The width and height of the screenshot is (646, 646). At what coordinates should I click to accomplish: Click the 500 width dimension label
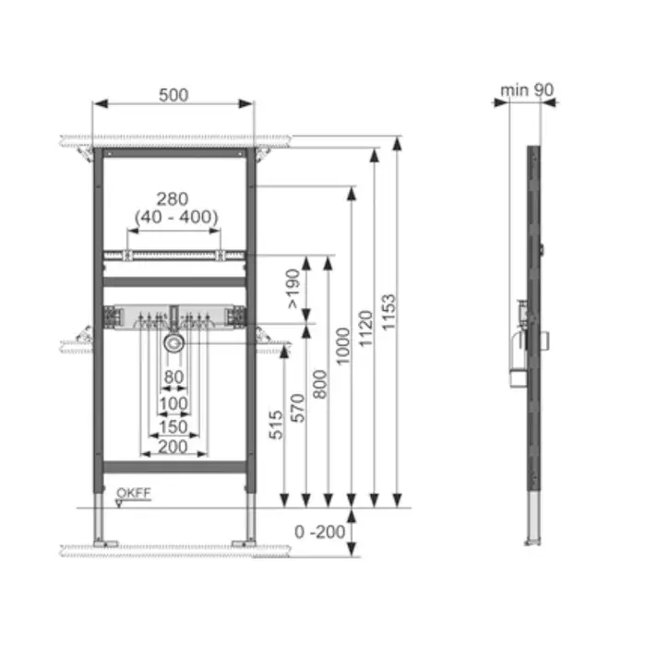click(x=173, y=95)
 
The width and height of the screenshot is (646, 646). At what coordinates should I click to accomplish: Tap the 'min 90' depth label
click(x=527, y=90)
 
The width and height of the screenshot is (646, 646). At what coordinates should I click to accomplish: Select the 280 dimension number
click(x=173, y=199)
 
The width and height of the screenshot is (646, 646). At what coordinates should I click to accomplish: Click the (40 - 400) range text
click(x=176, y=217)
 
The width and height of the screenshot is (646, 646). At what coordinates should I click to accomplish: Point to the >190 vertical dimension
click(x=293, y=288)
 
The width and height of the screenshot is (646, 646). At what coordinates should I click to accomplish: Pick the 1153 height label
click(x=389, y=312)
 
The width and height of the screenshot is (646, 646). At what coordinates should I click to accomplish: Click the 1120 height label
click(x=365, y=329)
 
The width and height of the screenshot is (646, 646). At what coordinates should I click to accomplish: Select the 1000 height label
click(x=342, y=346)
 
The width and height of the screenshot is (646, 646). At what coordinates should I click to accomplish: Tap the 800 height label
click(x=320, y=384)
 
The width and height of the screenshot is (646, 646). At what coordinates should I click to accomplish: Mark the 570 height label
click(x=298, y=408)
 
